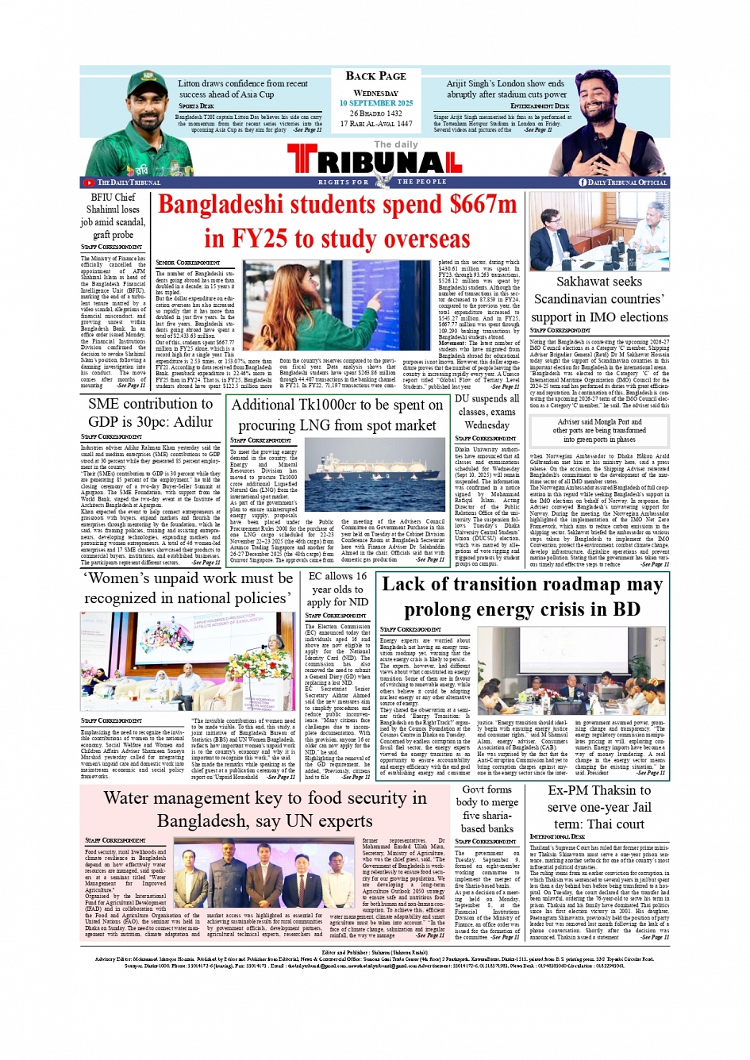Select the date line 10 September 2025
coord(376,103)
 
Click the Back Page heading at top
coord(375,76)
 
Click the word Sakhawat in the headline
coord(588,282)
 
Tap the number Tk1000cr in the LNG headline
coord(305,405)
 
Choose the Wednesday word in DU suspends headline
coord(487,425)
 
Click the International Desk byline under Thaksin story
coord(560,836)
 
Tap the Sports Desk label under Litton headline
coord(196,106)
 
